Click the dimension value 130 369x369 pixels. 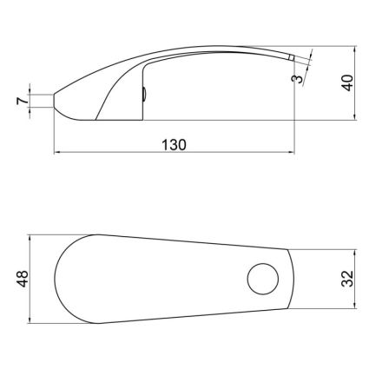click(x=174, y=145)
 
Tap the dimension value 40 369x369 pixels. click(x=348, y=82)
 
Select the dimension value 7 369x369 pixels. click(x=23, y=101)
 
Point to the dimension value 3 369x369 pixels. click(x=299, y=78)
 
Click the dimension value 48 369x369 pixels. click(x=23, y=279)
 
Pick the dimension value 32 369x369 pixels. click(x=347, y=279)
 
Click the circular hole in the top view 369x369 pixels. click(x=263, y=279)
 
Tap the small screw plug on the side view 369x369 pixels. click(x=144, y=95)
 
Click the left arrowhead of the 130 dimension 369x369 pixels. click(x=57, y=152)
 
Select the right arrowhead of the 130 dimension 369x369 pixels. click(x=291, y=152)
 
